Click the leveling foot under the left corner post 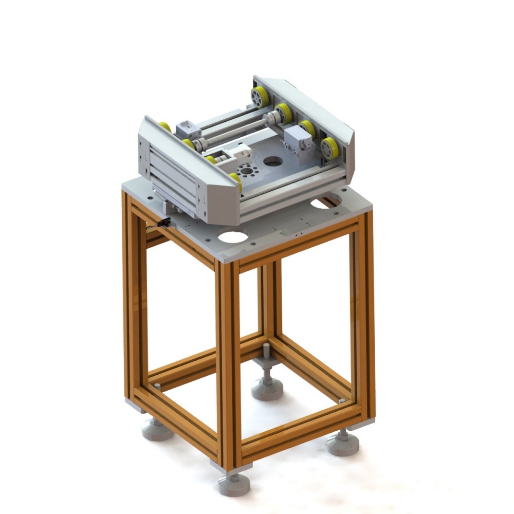click(157, 428)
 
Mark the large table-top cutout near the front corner click(233, 237)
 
